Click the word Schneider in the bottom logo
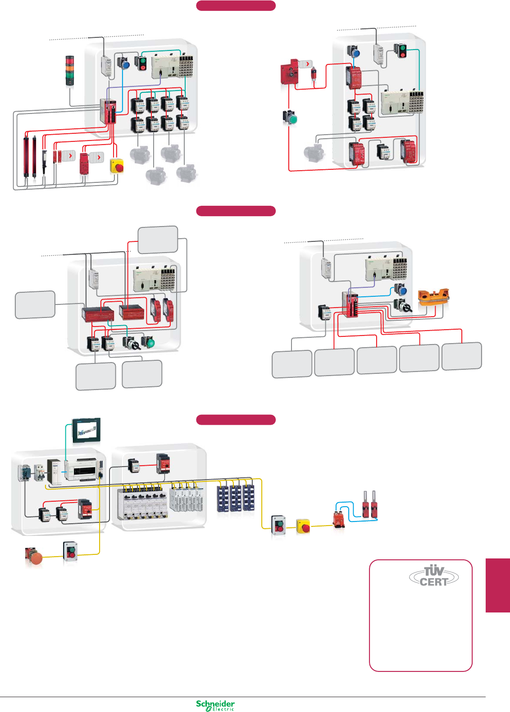pyautogui.click(x=215, y=703)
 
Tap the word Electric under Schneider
pyautogui.click(x=223, y=709)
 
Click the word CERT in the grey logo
pyautogui.click(x=433, y=582)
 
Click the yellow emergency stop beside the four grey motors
pyautogui.click(x=117, y=166)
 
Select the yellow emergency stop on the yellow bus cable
pyautogui.click(x=303, y=526)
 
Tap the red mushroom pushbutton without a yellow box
pyautogui.click(x=34, y=557)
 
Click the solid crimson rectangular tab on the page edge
pyautogui.click(x=497, y=585)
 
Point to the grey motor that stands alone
pyautogui.click(x=313, y=153)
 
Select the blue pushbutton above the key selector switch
pyautogui.click(x=400, y=289)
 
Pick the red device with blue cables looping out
pyautogui.click(x=339, y=519)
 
